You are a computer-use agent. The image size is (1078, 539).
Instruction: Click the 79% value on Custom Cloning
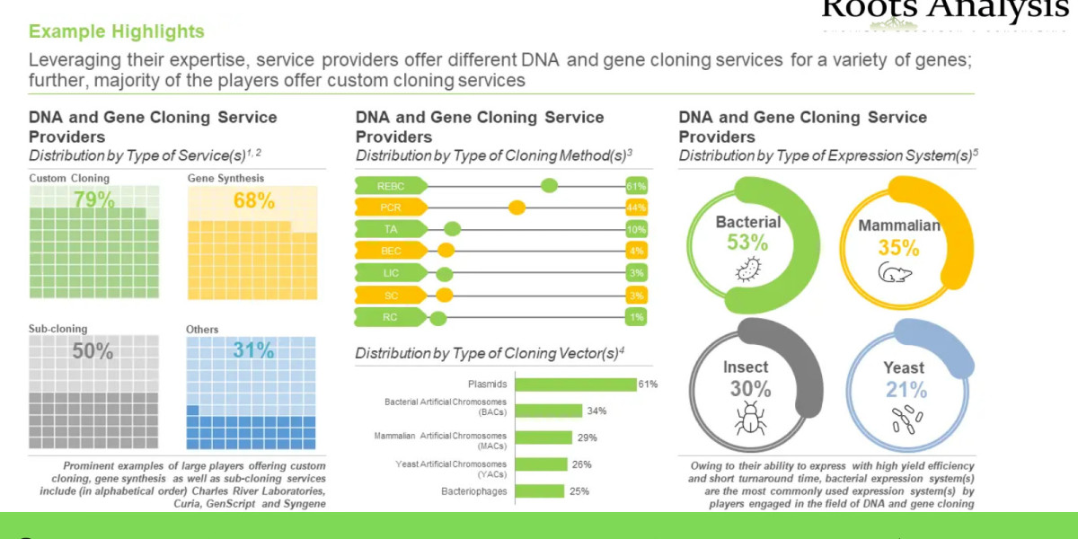(93, 199)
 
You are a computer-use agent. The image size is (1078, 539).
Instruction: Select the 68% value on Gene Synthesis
(253, 199)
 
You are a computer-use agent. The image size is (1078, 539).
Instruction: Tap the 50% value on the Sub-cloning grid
(93, 350)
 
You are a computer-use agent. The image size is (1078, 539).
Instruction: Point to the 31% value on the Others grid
(253, 350)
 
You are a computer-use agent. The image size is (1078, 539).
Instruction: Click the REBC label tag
(390, 186)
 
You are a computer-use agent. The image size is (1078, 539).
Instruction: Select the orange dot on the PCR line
(517, 208)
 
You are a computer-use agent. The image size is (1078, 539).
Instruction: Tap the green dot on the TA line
(453, 229)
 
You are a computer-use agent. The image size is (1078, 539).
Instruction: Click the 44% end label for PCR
(637, 208)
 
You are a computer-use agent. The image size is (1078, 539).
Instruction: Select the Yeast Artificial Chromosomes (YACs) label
(452, 469)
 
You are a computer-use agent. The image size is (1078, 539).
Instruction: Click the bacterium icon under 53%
(747, 270)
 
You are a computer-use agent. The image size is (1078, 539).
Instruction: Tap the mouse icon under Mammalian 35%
(895, 273)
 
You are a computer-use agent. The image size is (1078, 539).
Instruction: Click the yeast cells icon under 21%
(906, 418)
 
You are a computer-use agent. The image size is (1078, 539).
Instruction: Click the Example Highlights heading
(117, 32)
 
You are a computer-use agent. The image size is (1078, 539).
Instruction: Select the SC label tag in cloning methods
(390, 294)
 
